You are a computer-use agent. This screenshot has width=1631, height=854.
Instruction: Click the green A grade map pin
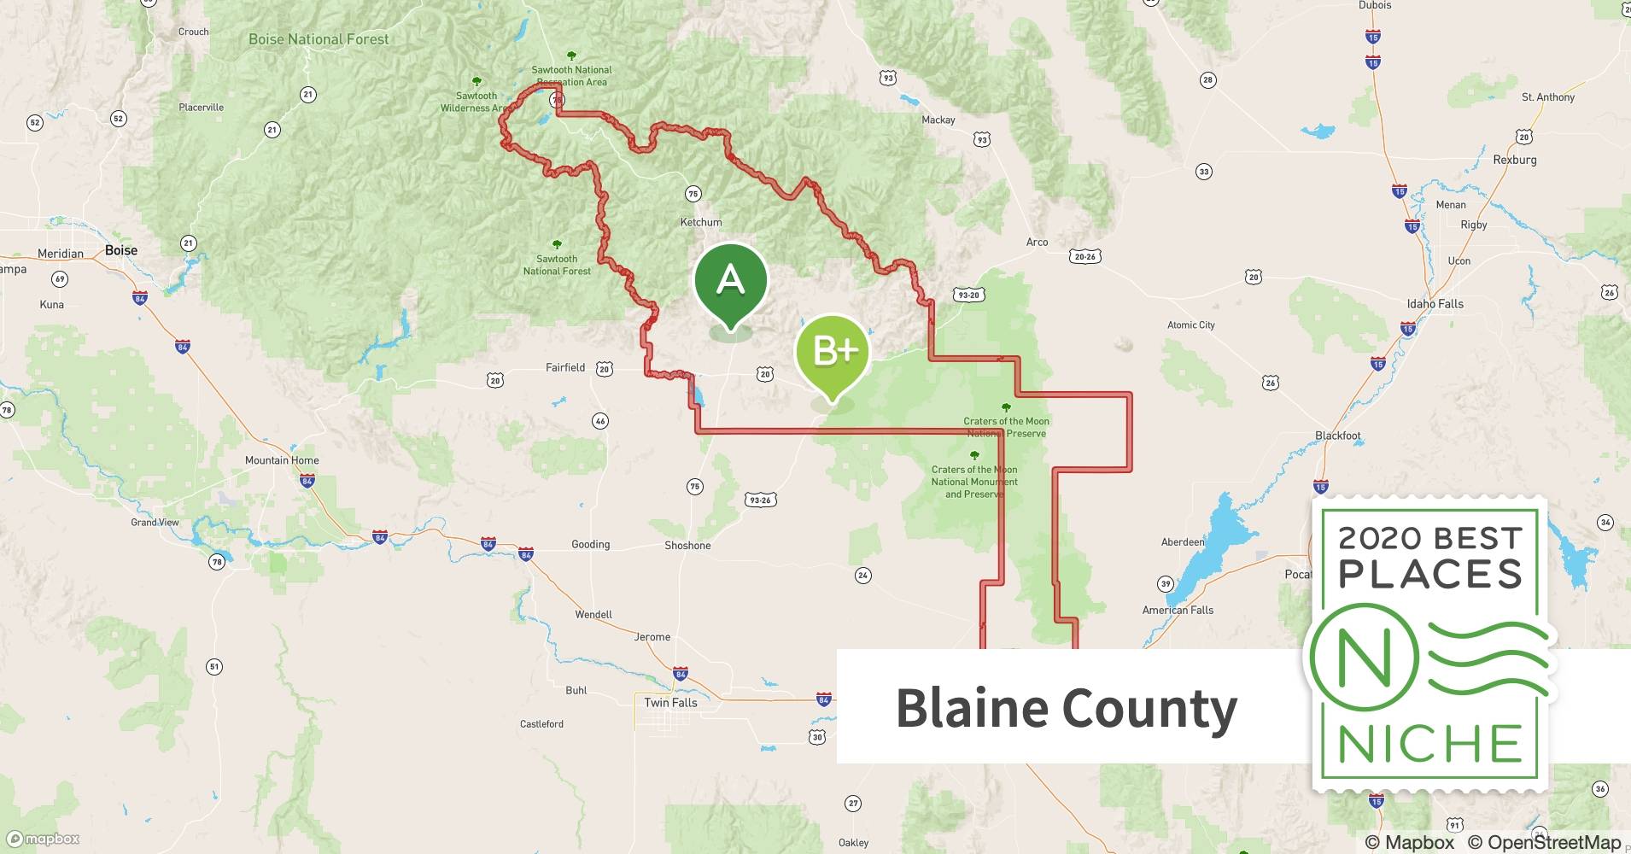[x=730, y=281]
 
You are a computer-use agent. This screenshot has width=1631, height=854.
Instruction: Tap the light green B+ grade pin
[x=832, y=352]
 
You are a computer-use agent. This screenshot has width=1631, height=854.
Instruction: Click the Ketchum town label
[x=701, y=222]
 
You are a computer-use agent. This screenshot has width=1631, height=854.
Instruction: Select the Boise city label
[x=120, y=250]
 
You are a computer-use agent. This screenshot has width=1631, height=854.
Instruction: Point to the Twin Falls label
[x=670, y=703]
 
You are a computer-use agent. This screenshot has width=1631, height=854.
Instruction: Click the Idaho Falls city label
[x=1435, y=304]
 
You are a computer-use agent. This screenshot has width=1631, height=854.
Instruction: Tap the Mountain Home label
[x=282, y=460]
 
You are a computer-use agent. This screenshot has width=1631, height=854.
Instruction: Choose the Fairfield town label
[x=565, y=368]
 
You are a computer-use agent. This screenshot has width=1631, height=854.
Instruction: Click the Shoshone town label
[x=687, y=546]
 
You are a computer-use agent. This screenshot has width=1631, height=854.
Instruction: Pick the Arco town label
[x=1037, y=243]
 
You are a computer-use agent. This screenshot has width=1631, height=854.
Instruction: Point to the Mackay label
[x=938, y=120]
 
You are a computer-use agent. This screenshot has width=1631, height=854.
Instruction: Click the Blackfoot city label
[x=1337, y=436]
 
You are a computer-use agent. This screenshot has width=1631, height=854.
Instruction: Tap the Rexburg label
[x=1514, y=160]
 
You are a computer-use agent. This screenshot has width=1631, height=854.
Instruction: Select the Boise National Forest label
[x=319, y=39]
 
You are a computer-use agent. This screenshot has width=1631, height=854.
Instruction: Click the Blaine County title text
[x=1066, y=708]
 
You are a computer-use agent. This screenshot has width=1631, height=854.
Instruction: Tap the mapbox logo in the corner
[x=44, y=839]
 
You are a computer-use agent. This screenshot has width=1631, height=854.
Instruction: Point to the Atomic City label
[x=1190, y=325]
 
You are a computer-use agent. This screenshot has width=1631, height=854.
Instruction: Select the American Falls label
[x=1178, y=611]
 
